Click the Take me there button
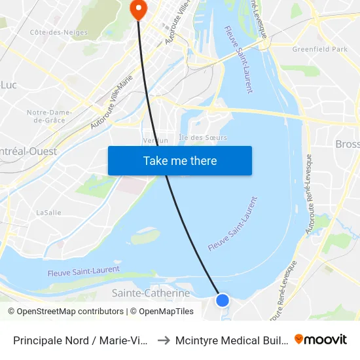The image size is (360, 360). click(180, 160)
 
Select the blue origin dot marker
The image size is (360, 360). click(223, 300)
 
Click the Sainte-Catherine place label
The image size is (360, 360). click(151, 293)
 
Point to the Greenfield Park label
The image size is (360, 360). click(320, 49)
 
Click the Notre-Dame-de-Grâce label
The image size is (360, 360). click(49, 116)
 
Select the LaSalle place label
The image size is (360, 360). click(48, 212)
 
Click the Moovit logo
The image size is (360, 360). click(321, 340)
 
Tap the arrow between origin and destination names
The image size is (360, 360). click(164, 340)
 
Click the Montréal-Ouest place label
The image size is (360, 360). click(29, 151)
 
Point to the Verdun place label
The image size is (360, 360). click(156, 140)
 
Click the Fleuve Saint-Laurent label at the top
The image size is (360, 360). click(238, 59)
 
